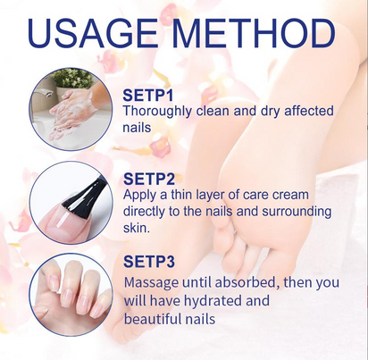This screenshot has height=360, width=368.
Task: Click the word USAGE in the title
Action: tap(93, 33)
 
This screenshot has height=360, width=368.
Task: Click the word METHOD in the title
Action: tap(254, 33)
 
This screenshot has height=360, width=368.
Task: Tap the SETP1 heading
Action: tap(148, 96)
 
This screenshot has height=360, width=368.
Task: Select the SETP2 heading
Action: tap(149, 179)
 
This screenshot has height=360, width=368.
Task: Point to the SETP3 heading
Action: tap(149, 262)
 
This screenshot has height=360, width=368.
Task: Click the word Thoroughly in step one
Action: tap(157, 112)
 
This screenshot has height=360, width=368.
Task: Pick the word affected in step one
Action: tap(309, 111)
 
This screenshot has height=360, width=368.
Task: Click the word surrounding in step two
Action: tap(297, 213)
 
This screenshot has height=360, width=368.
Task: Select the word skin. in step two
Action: tap(136, 228)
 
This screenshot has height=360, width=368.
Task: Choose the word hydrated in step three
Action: tap(213, 301)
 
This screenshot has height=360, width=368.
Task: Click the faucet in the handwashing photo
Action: tap(42, 95)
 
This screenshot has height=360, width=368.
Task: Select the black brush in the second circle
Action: tap(83, 194)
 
